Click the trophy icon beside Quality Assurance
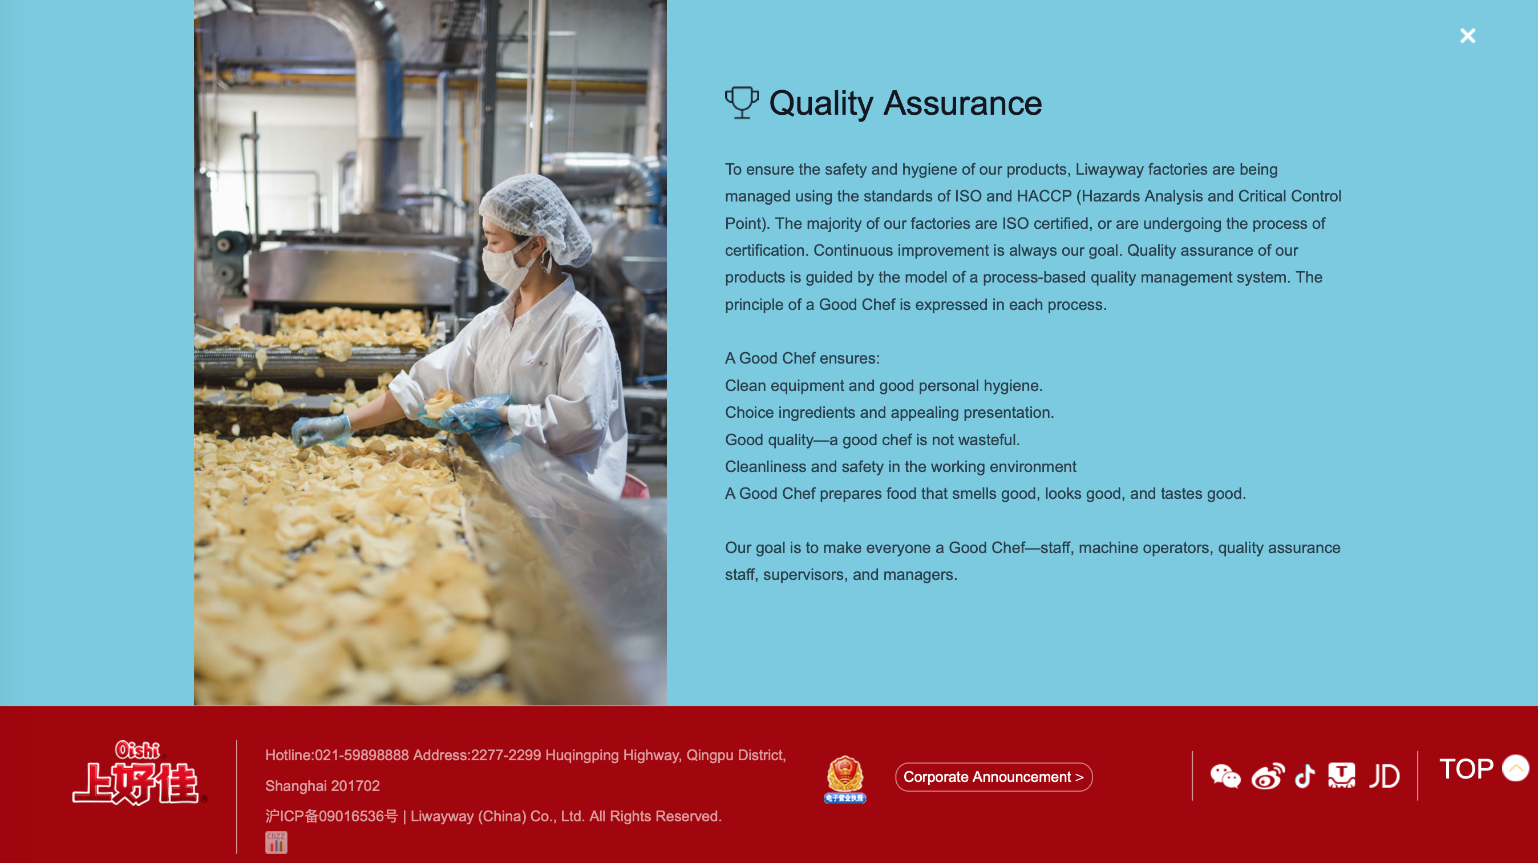(741, 103)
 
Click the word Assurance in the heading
(962, 103)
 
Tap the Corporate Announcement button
(994, 777)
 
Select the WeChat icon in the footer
(1225, 776)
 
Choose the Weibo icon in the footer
(1268, 776)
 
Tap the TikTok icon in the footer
(1305, 776)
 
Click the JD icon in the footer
(1384, 776)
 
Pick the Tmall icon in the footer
(1342, 776)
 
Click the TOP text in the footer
(1466, 769)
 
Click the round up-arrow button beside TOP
(1515, 768)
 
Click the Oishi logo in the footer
(139, 773)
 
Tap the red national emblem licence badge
(845, 778)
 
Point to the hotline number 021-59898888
(362, 756)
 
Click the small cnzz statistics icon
(276, 842)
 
